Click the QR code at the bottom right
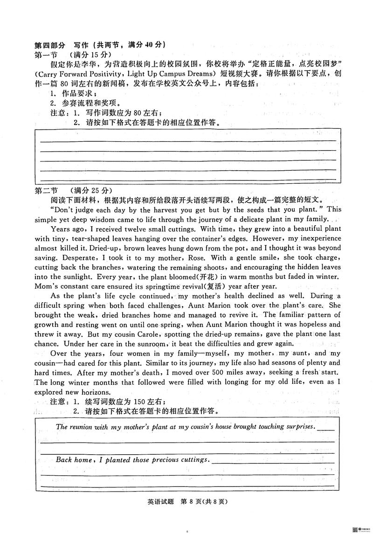(355, 528)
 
